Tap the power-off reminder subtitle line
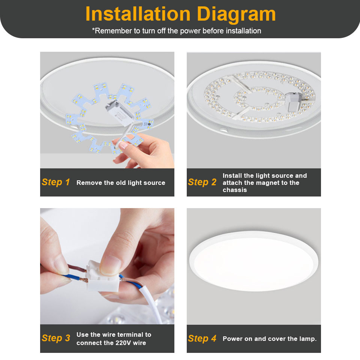(176, 31)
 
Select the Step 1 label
(56, 182)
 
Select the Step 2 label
(202, 182)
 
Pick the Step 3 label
(56, 338)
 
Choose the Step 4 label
(202, 339)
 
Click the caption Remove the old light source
(121, 183)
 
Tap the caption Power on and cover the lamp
(270, 339)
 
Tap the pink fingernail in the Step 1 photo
(124, 143)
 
